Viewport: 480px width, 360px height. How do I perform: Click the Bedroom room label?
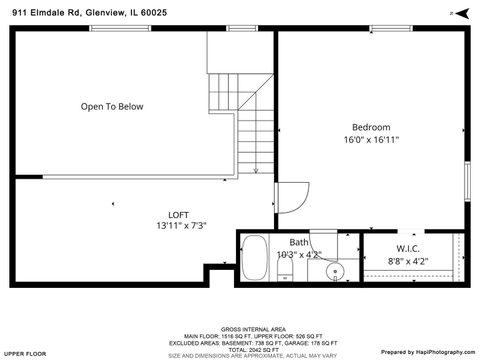[x=370, y=127]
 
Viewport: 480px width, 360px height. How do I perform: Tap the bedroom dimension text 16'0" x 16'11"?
[x=370, y=140]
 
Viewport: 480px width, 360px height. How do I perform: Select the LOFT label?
[x=178, y=214]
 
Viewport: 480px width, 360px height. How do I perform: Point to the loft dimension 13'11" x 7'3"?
[x=180, y=226]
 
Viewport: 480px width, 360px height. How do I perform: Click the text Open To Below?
[x=112, y=106]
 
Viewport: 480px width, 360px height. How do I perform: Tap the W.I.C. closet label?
[x=407, y=249]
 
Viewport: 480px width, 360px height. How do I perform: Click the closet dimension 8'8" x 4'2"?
[x=407, y=261]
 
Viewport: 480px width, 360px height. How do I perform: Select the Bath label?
[x=299, y=242]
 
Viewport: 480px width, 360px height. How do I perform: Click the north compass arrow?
[x=461, y=13]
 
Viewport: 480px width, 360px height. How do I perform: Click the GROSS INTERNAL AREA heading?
[x=240, y=328]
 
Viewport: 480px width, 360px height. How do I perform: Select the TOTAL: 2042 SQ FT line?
[x=240, y=348]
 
